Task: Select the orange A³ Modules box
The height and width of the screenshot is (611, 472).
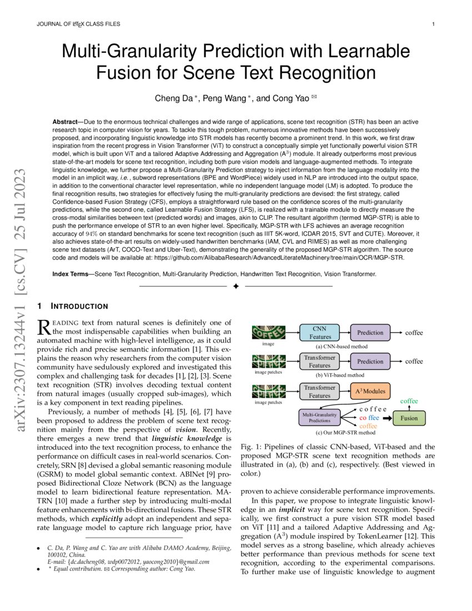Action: click(x=370, y=391)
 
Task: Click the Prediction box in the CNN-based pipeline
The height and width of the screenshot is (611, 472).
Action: click(x=370, y=333)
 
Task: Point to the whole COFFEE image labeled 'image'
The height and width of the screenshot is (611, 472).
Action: click(x=269, y=332)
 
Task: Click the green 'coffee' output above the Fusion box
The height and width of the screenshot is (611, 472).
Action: click(x=409, y=401)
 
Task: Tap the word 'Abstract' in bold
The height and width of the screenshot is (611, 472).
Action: click(x=66, y=122)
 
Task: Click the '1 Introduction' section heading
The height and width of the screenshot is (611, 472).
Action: click(x=72, y=306)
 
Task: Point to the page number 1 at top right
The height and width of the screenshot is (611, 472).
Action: click(x=433, y=24)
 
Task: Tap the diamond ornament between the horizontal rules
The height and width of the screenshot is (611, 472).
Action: click(x=236, y=286)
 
